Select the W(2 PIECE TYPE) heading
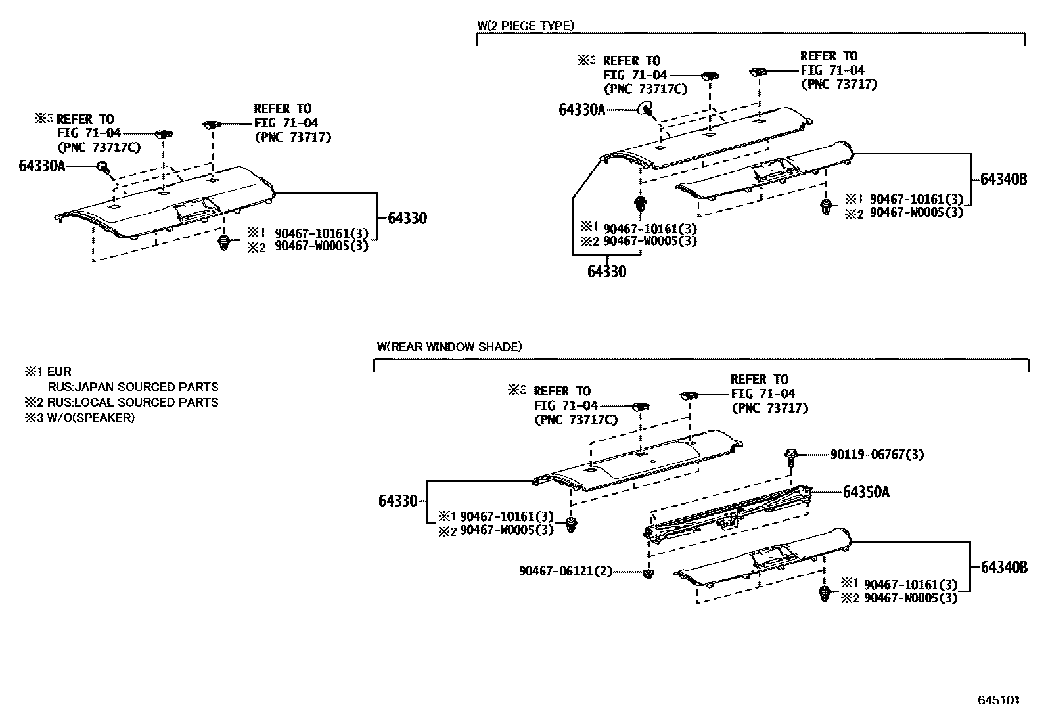point(526,26)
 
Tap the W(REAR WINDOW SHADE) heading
point(449,346)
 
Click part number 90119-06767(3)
point(876,455)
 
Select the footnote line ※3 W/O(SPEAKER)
point(80,418)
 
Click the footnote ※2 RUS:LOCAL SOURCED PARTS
point(121,402)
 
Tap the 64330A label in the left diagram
point(42,166)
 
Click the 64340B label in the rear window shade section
point(1003,567)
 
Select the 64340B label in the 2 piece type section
point(1003,179)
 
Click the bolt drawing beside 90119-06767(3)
point(792,455)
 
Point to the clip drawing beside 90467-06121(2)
point(649,574)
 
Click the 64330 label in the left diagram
point(407,218)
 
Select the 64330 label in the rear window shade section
point(398,501)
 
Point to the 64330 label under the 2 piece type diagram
point(606,271)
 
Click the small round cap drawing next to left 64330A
point(103,167)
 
